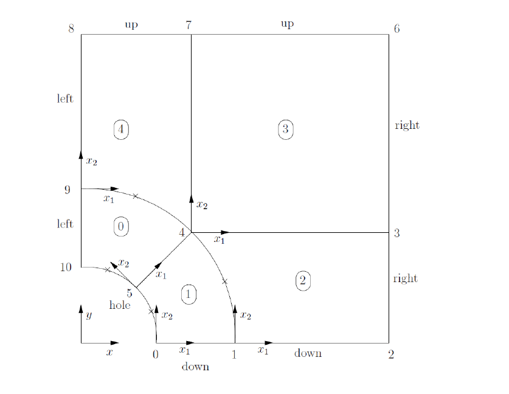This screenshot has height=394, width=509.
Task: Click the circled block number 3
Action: pyautogui.click(x=286, y=129)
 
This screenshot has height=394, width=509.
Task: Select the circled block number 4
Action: pyautogui.click(x=121, y=129)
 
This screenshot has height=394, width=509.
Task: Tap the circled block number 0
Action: pyautogui.click(x=121, y=226)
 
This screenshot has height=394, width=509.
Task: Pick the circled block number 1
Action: pyautogui.click(x=189, y=294)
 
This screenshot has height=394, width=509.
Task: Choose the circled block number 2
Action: pyautogui.click(x=302, y=280)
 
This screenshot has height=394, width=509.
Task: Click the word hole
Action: pyautogui.click(x=120, y=305)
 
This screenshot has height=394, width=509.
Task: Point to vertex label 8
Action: pyautogui.click(x=71, y=29)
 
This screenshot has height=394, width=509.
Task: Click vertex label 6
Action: pyautogui.click(x=396, y=29)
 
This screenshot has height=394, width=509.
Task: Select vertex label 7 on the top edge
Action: pyautogui.click(x=189, y=25)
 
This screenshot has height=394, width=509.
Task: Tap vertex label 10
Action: pyautogui.click(x=66, y=267)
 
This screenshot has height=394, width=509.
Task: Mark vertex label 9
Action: pyautogui.click(x=67, y=190)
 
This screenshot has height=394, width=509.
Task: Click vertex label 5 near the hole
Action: pyautogui.click(x=129, y=293)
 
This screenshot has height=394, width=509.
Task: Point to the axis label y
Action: pyautogui.click(x=89, y=315)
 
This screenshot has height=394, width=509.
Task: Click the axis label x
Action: pyautogui.click(x=109, y=352)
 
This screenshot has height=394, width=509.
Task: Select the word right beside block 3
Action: pyautogui.click(x=407, y=125)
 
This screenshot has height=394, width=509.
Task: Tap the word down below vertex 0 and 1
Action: pyautogui.click(x=195, y=367)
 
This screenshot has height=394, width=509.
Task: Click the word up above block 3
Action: pyautogui.click(x=287, y=24)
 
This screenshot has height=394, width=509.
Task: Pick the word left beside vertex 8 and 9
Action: pyautogui.click(x=65, y=98)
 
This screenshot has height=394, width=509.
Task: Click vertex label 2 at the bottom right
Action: pyautogui.click(x=391, y=354)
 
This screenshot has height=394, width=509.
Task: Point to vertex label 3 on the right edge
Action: pyautogui.click(x=396, y=233)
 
